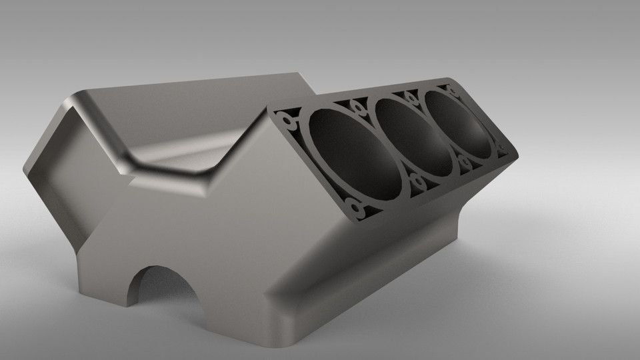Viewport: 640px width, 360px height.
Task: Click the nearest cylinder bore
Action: pyautogui.click(x=350, y=157)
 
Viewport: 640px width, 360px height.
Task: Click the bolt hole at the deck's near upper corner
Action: pyautogui.click(x=288, y=121)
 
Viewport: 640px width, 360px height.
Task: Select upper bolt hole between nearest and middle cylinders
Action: pyautogui.click(x=359, y=107)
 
